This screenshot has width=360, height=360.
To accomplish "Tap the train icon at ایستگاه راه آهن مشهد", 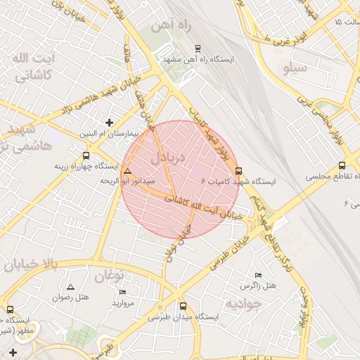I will tap(198, 49).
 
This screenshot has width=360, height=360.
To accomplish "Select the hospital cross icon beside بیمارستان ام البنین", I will tap(109, 122).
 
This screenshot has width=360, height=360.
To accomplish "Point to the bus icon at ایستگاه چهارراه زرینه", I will tap(86, 156).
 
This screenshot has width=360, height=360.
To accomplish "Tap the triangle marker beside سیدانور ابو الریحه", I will tap(127, 171).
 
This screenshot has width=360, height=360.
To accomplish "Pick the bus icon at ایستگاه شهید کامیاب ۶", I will tap(238, 171).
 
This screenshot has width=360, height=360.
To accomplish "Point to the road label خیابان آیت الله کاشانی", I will tap(204, 207).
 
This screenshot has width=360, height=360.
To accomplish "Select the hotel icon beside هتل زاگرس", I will tap(258, 275).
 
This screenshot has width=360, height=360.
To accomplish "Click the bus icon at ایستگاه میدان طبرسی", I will tap(184, 307).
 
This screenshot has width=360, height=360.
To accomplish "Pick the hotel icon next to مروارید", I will tap(123, 292).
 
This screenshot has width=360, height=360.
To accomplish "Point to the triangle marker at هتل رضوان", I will tap(70, 287).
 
